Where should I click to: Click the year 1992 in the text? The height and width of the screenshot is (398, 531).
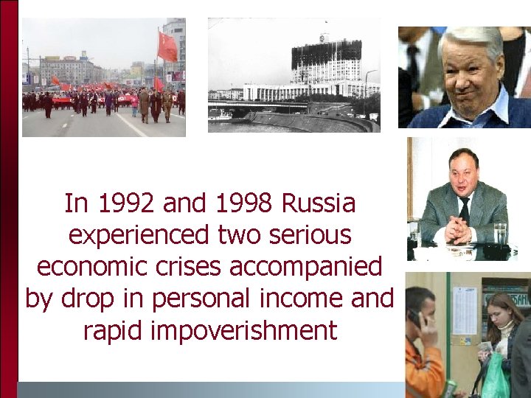coord(120,203)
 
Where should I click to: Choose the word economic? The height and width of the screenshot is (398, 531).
coord(87,266)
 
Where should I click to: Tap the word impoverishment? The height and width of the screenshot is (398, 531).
coord(243,330)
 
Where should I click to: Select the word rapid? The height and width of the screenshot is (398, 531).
coord(114,330)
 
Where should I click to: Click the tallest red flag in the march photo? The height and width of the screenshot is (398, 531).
coord(167,46)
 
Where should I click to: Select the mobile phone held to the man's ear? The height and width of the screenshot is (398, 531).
coord(414,318)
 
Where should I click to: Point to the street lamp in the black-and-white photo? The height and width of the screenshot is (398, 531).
coord(367,88)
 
